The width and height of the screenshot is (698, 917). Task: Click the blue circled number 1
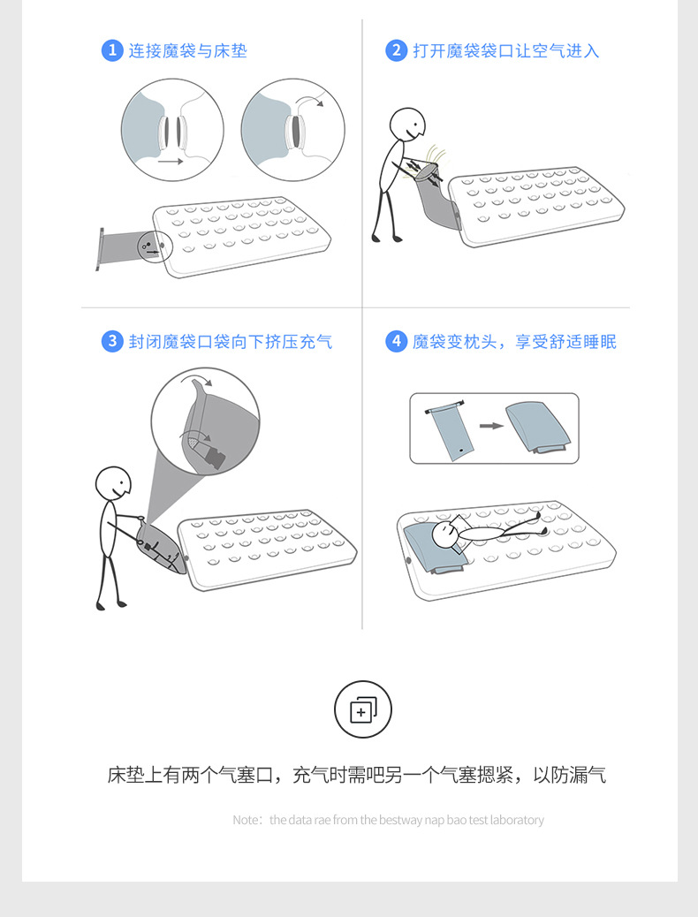pos(111,50)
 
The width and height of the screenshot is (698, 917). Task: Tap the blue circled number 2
pos(396,50)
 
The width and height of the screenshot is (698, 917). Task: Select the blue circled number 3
pos(111,341)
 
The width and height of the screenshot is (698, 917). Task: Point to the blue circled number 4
pos(396,341)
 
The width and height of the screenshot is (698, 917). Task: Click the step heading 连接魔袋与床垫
pos(188,51)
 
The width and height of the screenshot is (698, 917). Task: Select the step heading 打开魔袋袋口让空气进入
pos(506,51)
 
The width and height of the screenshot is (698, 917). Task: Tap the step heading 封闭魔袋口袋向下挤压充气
pos(231,342)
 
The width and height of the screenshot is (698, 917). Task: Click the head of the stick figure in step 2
pos(407,125)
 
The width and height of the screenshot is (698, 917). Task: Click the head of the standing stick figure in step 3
pos(113,483)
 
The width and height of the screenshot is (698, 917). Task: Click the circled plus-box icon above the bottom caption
pos(363,709)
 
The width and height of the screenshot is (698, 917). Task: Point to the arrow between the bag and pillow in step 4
pos(491,426)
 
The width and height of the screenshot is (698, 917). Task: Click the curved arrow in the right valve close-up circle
pos(309,100)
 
